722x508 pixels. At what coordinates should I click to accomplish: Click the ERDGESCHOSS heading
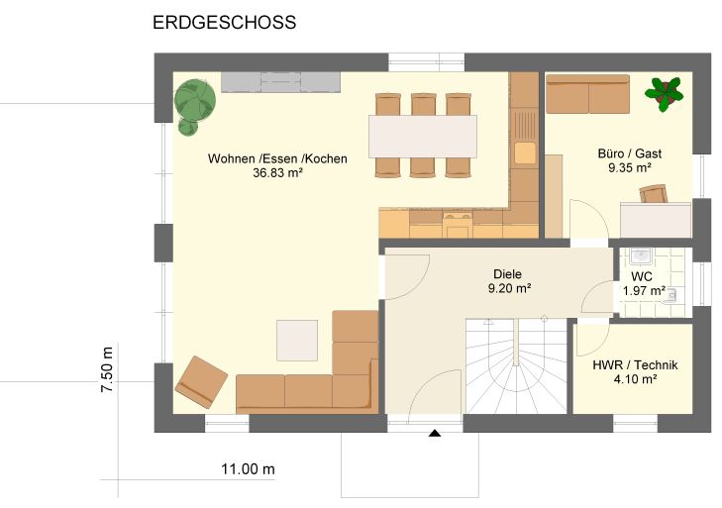224,23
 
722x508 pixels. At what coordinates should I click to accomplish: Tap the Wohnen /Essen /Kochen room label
277,158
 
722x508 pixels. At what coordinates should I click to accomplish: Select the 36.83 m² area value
277,172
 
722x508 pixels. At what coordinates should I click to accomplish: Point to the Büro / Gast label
630,153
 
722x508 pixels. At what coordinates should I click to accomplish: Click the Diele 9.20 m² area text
509,289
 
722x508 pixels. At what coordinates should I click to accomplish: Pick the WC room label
642,277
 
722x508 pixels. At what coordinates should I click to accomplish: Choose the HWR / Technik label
635,365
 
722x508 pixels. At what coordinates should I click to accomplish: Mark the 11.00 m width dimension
248,469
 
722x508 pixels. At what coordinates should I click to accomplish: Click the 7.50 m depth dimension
107,369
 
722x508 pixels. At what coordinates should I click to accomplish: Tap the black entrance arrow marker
435,433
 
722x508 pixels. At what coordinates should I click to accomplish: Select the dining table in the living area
422,137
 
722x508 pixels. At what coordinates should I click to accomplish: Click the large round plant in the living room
195,99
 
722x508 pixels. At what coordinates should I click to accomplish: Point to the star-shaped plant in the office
664,94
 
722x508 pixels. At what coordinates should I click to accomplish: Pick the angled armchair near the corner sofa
201,382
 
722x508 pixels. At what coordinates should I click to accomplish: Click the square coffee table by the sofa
297,341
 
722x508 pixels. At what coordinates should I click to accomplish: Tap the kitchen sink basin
525,152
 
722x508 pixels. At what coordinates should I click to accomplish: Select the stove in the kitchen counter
458,224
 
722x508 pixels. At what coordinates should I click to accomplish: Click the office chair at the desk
654,194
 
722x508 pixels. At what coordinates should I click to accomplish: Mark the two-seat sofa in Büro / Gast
587,94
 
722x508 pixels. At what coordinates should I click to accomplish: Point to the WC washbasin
640,255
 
